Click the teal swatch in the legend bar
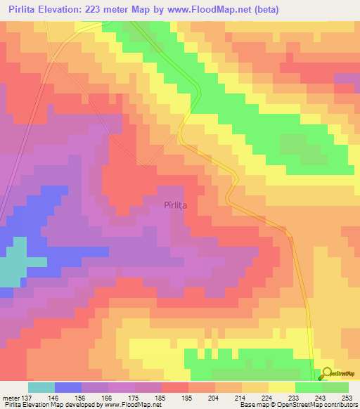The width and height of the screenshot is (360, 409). [x=41, y=387]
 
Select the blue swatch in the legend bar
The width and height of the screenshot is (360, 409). [x=68, y=387]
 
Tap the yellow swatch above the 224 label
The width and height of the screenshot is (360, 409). [x=282, y=387]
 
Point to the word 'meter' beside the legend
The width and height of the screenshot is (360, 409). [x=10, y=398]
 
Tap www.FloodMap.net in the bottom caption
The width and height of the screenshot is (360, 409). [x=131, y=405]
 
